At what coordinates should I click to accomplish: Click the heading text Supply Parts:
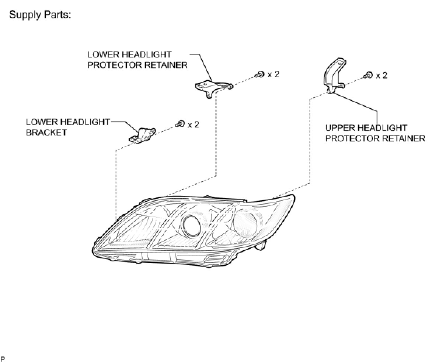39,15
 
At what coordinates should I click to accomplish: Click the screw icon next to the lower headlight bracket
180,124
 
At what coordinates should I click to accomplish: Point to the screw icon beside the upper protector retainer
368,75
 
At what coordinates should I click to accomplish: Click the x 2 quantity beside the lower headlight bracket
193,124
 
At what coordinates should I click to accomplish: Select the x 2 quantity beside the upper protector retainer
381,75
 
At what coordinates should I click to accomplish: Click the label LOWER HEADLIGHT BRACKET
67,127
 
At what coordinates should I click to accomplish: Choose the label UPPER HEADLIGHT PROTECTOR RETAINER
375,133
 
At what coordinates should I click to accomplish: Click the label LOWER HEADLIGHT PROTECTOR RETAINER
137,60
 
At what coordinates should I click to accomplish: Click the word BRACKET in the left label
46,133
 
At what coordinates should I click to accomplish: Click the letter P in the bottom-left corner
3,359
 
